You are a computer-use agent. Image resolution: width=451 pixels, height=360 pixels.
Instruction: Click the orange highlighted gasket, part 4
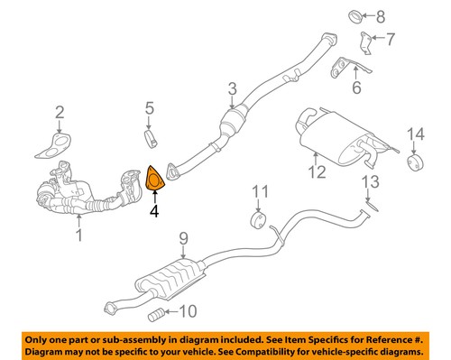[155, 180]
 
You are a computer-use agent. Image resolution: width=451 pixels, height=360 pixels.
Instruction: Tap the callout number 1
[78, 237]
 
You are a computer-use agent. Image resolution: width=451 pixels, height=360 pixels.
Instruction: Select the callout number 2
[60, 112]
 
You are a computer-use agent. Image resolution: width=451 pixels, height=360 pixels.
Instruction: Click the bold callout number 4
[154, 213]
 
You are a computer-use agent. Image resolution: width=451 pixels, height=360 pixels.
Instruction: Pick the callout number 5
[150, 112]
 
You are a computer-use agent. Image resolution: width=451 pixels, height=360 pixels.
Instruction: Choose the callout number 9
[182, 239]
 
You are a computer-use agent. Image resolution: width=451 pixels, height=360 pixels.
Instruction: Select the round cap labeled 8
[354, 15]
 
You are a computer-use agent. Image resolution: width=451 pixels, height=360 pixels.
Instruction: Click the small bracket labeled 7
[365, 42]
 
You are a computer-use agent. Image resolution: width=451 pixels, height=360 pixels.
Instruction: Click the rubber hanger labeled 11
[256, 221]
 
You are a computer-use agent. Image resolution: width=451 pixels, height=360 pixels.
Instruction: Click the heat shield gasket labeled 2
[60, 144]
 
